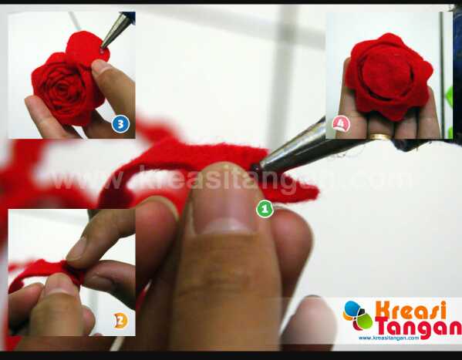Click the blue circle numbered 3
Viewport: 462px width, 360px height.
[x=120, y=124]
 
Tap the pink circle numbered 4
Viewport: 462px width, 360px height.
[x=341, y=124]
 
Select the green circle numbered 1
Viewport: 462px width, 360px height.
[x=265, y=209]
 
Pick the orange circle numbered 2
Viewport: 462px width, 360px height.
[x=120, y=321]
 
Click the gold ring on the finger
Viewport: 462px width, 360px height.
[x=381, y=136]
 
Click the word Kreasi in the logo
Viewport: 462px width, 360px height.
[x=411, y=310]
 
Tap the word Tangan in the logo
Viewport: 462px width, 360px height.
[x=418, y=326]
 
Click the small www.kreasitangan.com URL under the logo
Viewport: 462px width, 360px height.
[x=389, y=338]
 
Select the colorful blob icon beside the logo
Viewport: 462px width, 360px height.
[x=358, y=316]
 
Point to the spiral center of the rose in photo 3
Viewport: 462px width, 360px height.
[x=63, y=89]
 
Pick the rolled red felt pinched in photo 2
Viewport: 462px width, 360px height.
[x=47, y=272]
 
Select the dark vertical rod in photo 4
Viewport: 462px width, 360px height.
[x=442, y=74]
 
